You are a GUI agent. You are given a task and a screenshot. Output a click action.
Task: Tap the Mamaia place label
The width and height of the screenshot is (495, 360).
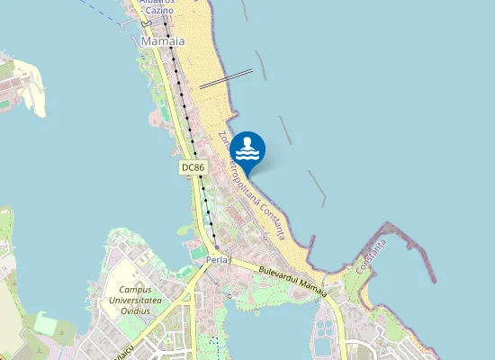pos(163,41)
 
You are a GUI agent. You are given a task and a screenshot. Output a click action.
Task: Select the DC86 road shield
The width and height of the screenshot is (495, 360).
pos(192,167)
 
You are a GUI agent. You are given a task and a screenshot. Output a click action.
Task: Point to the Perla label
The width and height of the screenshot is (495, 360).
pos(218,260)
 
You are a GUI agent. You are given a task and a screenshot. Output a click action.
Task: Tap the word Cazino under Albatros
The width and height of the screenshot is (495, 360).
pos(158,11)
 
